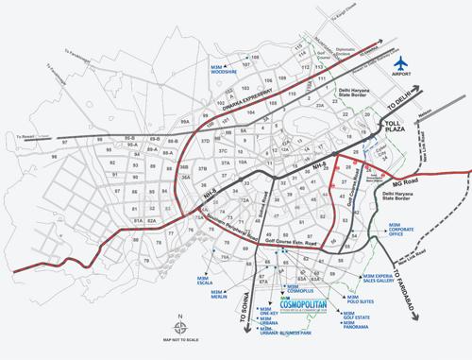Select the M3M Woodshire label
(x=223, y=67)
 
